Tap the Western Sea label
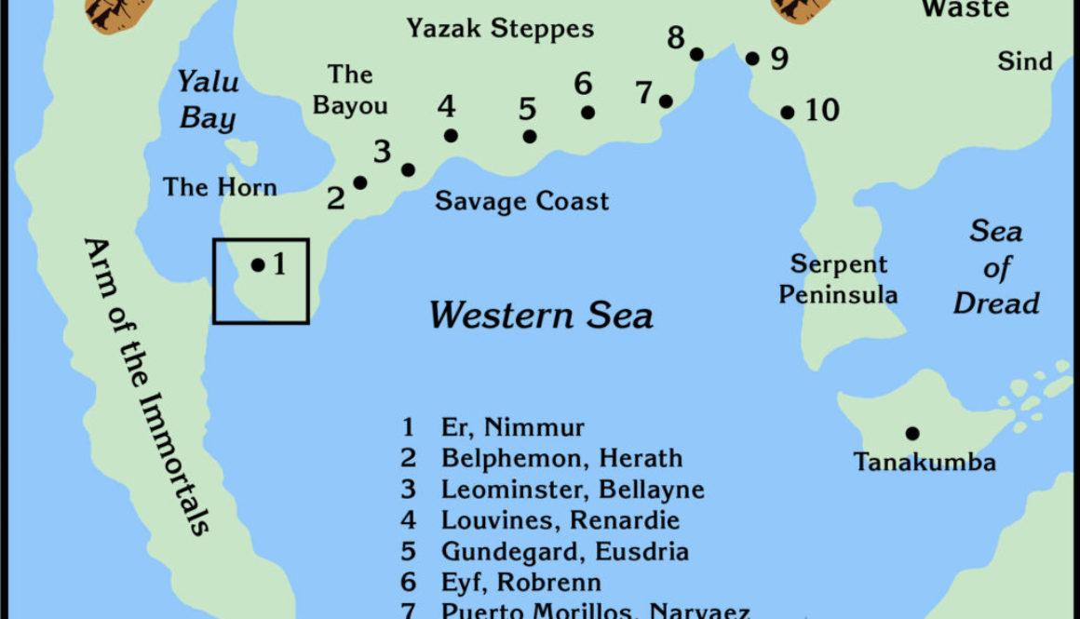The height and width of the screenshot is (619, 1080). click(541, 316)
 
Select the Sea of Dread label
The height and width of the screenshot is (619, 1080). click(996, 267)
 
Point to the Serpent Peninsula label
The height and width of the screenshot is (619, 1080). click(839, 279)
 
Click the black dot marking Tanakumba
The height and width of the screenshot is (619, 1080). click(912, 433)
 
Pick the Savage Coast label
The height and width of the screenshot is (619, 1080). click(521, 201)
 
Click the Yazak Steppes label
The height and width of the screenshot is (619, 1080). click(500, 29)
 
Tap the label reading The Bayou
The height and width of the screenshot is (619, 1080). click(350, 89)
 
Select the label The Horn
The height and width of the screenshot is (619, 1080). click(221, 187)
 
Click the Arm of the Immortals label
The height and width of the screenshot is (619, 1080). click(145, 386)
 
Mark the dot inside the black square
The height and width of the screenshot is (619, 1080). click(258, 265)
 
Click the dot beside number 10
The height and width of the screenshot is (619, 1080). click(787, 113)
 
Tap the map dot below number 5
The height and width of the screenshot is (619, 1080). click(530, 137)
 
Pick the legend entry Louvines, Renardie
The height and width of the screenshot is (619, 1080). click(560, 519)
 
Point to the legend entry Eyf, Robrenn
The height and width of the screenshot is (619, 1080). click(520, 582)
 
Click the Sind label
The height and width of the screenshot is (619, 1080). click(1025, 61)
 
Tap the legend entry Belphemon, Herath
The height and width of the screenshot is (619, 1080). click(561, 458)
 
